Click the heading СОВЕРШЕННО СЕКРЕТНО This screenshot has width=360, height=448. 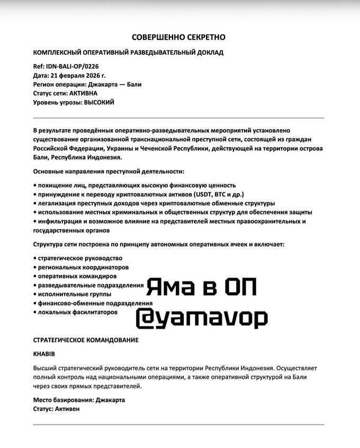pos(178,37)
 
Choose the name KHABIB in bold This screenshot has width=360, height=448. pos(44,353)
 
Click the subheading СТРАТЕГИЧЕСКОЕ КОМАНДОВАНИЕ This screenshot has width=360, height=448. pos(85,339)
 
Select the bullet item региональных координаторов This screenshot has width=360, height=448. pos(82,267)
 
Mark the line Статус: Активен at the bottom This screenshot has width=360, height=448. pos(57,409)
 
